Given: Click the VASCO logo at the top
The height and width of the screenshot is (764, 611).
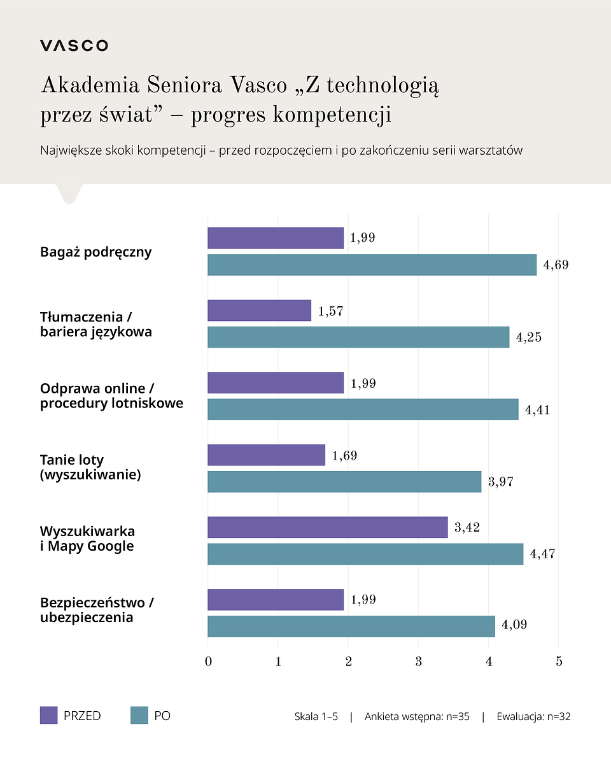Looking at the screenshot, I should coord(74,45).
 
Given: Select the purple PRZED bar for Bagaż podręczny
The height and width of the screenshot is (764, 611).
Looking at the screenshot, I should coord(276,238).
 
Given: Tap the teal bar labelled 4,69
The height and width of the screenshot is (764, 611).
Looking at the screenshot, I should coord(372,265).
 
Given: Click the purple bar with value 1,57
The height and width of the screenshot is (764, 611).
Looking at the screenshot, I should coord(259,311).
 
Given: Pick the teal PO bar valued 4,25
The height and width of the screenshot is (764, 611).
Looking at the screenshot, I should coord(358,337).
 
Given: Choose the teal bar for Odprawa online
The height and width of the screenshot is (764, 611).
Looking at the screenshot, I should coord(363,409).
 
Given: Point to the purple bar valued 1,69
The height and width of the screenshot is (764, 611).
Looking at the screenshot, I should coord(266,455).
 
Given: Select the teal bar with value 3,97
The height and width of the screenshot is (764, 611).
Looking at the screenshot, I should coord(344,481).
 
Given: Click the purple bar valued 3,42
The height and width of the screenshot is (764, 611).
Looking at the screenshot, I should coord(327,527).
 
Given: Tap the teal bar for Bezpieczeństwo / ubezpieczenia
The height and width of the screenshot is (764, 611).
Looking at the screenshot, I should coord(351,626).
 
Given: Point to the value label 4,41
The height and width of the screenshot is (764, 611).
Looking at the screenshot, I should coord(537,410).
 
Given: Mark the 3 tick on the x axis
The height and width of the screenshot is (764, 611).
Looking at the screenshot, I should coord(418,661).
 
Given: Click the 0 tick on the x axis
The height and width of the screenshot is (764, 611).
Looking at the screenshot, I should coord(208,661).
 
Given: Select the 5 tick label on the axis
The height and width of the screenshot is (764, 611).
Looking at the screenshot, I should coord(559,661).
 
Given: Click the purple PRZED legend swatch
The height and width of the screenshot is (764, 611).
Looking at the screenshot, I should coord(48,716).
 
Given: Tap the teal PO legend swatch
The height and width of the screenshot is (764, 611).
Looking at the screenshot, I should coord(139,716).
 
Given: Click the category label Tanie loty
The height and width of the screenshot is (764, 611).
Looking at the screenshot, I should coord(72,460).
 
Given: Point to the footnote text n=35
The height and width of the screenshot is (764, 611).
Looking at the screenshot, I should coord(456,716).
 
